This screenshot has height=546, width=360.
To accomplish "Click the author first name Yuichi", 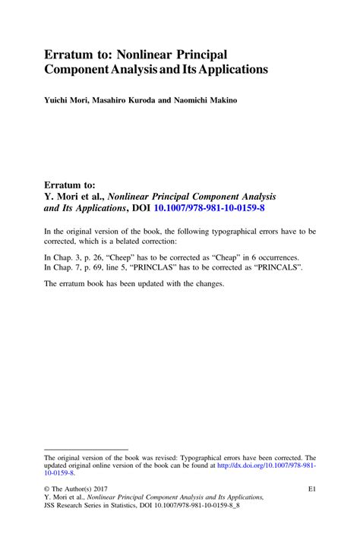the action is pos(57,99).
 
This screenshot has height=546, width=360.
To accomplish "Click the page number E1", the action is pos(311,491).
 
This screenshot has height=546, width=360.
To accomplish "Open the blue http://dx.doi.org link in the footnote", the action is pos(267,467).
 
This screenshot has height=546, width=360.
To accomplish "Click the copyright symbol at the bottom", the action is pos(47,491).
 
